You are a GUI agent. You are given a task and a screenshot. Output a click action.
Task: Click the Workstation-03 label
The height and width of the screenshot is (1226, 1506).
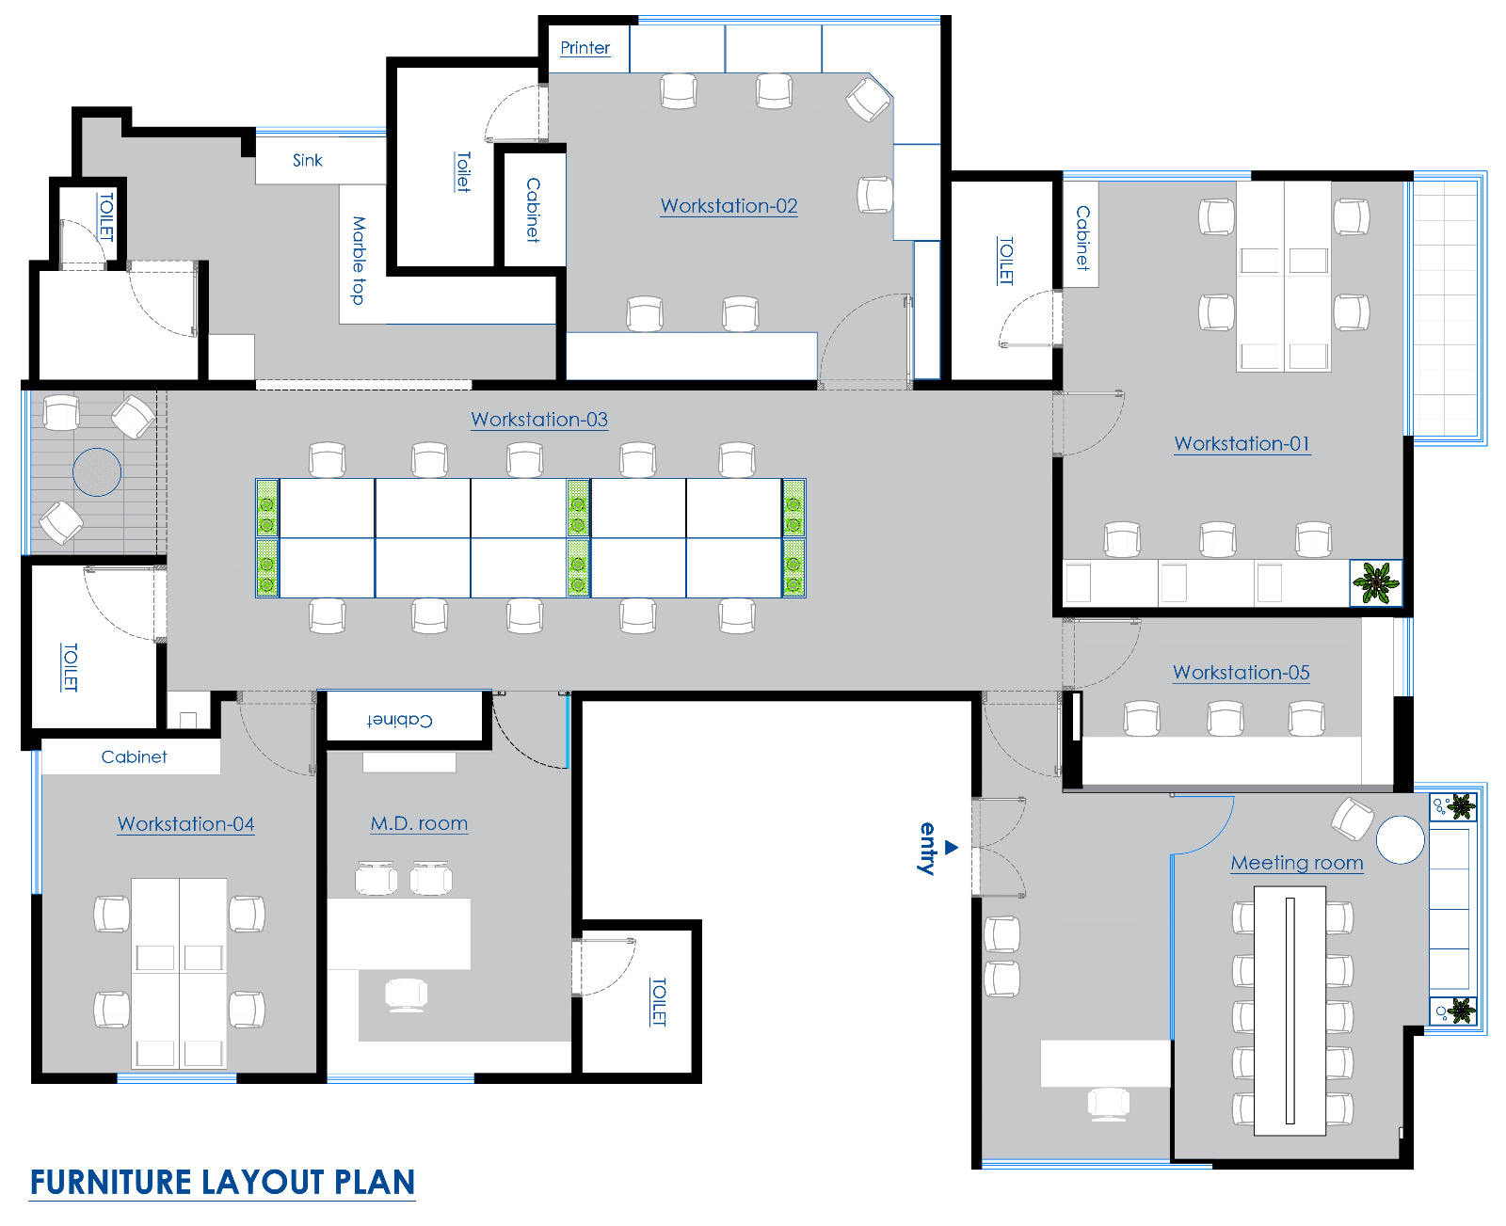coord(539,420)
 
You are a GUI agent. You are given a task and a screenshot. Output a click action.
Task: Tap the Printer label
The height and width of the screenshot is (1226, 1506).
coord(585,48)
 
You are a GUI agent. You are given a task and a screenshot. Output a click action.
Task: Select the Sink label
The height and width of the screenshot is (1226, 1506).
coord(307,161)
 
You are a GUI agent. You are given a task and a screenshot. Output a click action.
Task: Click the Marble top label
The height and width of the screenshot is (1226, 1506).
coord(359,260)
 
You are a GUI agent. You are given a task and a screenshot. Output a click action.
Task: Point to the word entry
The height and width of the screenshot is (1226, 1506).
coord(928,849)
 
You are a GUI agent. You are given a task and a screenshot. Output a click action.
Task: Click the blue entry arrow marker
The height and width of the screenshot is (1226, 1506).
coord(952,847)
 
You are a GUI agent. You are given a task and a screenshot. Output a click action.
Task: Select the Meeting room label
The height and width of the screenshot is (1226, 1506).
coord(1296,863)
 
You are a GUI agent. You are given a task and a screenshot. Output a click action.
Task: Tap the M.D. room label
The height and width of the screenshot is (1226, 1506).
coord(419,824)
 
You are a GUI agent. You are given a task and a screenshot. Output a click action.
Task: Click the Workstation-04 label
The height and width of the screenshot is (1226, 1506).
coord(185,824)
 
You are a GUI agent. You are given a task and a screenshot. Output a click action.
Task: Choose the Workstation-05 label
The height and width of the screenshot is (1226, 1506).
coord(1241,673)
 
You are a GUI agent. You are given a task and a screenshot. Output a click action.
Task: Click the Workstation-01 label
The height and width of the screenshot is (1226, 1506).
coord(1242,443)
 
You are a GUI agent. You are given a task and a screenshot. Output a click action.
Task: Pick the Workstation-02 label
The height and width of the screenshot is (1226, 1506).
coord(729,206)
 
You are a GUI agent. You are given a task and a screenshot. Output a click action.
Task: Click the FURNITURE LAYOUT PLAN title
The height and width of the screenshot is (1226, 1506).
coord(222,1182)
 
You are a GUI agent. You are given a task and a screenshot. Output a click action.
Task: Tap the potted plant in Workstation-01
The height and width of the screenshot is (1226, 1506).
coord(1376,583)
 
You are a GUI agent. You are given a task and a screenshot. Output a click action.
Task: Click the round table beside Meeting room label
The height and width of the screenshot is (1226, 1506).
coord(1400,839)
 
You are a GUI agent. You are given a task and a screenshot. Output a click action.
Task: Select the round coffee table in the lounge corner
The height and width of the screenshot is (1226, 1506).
coord(97,471)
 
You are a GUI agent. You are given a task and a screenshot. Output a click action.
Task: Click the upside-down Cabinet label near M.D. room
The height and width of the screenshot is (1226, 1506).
coord(400,720)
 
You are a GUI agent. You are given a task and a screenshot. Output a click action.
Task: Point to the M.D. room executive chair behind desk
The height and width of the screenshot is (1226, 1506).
coord(407,994)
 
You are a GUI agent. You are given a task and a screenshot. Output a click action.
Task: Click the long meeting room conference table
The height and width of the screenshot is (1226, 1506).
coord(1290,1011)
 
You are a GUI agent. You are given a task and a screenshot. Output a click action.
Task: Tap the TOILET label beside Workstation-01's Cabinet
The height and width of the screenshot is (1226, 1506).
coord(1005,261)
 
